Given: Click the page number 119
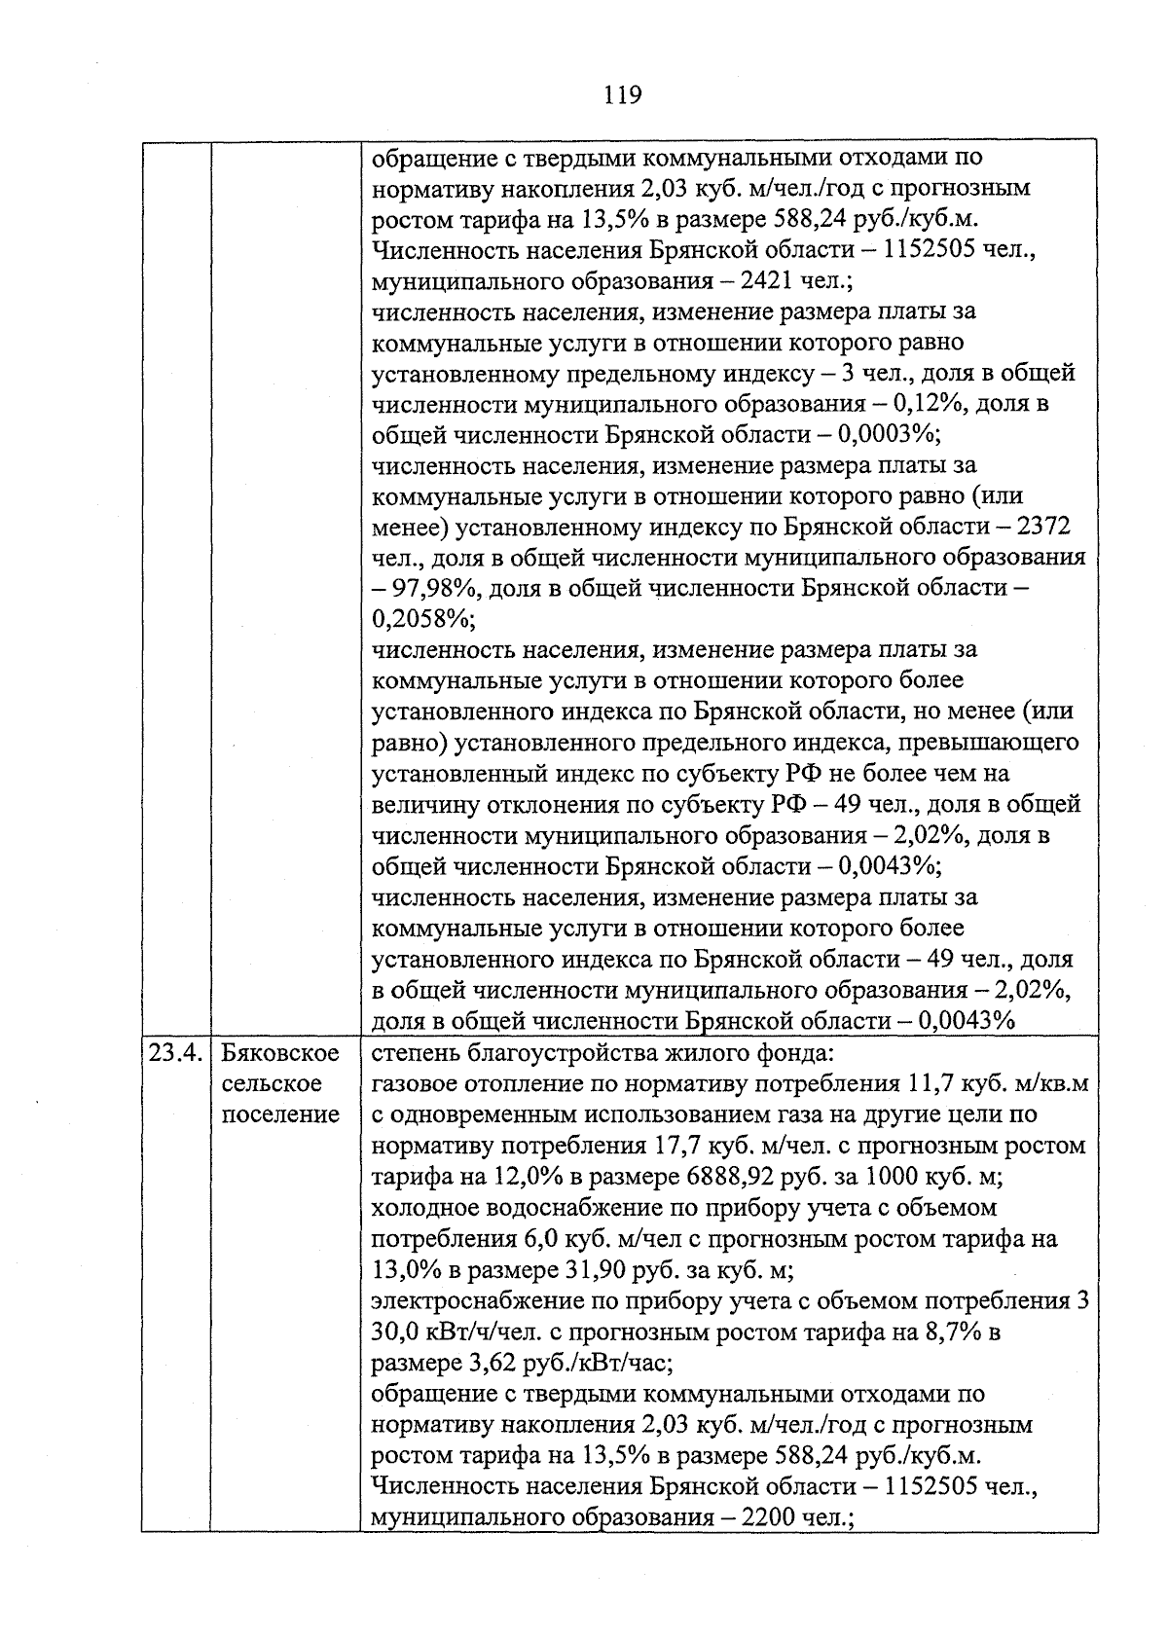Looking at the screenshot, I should pos(622,95).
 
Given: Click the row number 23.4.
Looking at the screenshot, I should pos(175,1052).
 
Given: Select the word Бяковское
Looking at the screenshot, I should pos(280,1052).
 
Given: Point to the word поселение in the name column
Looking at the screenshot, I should pos(280,1114).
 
